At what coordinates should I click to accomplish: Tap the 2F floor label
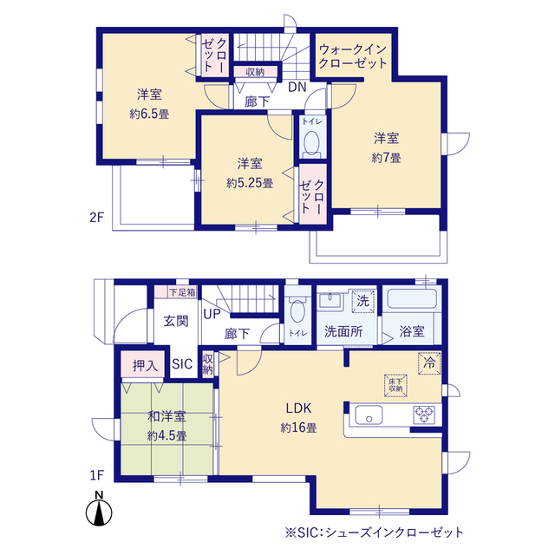[x=96, y=217]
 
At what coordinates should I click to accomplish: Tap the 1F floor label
[x=96, y=475]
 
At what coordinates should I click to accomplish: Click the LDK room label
[x=298, y=408]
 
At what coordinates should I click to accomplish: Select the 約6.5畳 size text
[x=149, y=114]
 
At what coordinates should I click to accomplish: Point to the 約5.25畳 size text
[x=250, y=183]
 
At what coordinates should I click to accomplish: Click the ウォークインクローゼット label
[x=353, y=56]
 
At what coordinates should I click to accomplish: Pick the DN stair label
[x=297, y=87]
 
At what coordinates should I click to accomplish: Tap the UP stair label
[x=212, y=314]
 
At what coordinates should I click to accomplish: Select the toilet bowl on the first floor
[x=297, y=310]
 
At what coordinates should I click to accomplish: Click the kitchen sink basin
[x=369, y=415]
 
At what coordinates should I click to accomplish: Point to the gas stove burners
[x=424, y=415]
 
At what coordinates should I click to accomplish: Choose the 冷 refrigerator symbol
[x=429, y=362]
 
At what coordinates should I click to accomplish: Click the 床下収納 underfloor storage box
[x=395, y=385]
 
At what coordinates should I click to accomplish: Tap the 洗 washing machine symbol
[x=362, y=301]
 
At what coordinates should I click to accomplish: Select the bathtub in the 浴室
[x=412, y=299]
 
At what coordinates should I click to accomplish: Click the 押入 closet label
[x=146, y=365]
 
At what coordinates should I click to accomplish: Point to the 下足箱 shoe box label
[x=182, y=292]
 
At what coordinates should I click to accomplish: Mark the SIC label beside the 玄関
[x=182, y=364]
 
